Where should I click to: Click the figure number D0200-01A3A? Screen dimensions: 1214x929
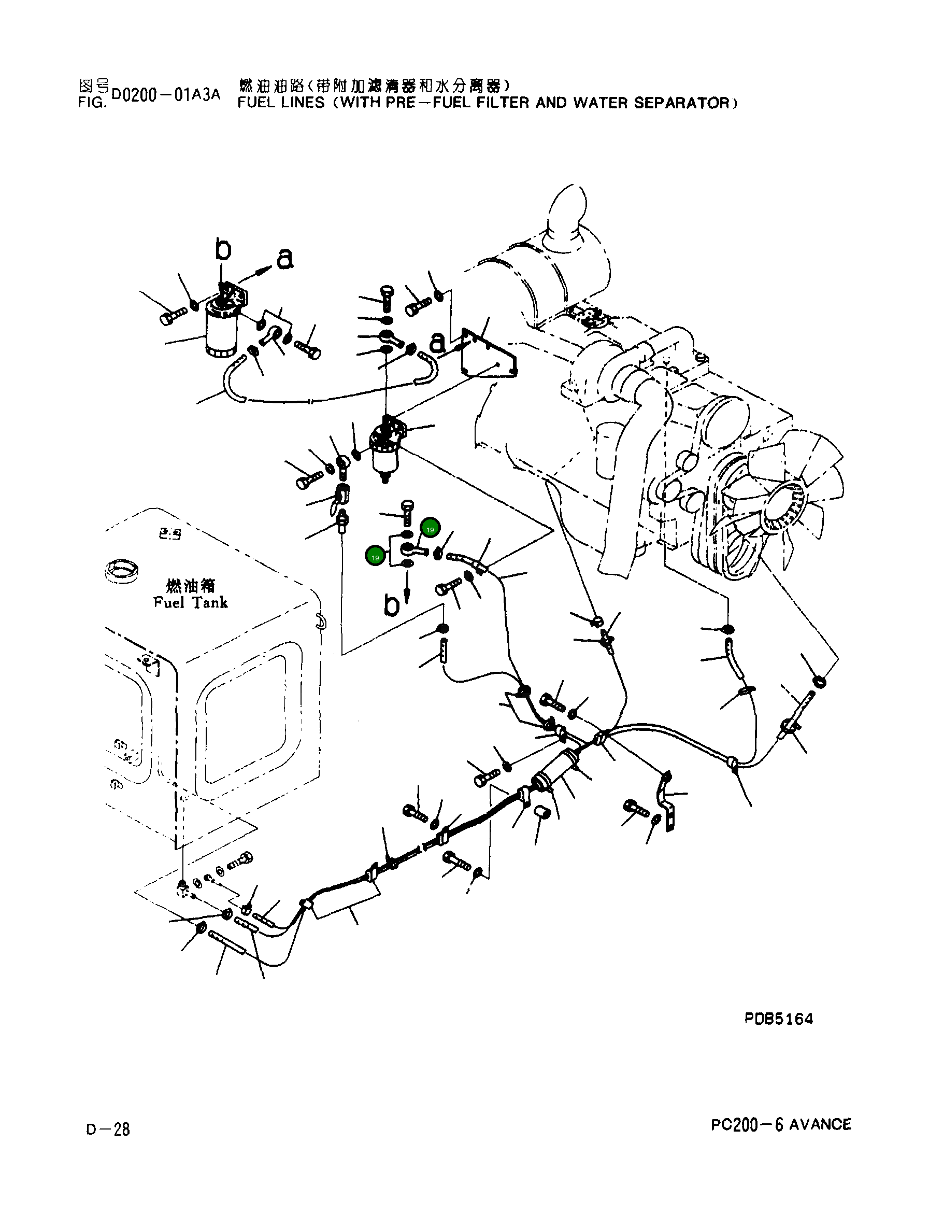point(165,94)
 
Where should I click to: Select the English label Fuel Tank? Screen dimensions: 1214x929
point(190,603)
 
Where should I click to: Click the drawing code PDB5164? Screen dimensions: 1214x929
point(778,1019)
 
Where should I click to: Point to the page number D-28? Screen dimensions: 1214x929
point(108,1130)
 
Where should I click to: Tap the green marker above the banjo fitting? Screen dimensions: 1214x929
point(430,529)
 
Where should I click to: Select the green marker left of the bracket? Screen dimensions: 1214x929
point(376,557)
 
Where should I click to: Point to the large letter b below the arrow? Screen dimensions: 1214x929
point(392,606)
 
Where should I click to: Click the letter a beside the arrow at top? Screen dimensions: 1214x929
point(284,258)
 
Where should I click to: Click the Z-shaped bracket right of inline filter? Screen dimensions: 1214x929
point(667,801)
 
